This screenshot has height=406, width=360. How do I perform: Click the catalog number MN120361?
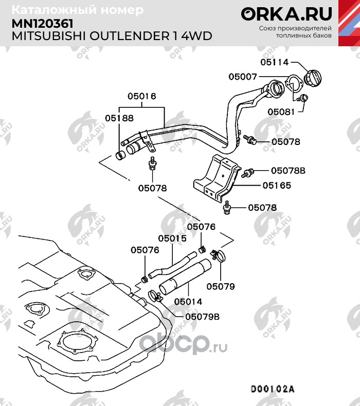click(43, 24)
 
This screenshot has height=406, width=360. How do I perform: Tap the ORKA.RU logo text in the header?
click(286, 14)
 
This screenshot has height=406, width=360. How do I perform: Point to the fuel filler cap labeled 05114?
click(313, 78)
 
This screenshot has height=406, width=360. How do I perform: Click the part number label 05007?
click(243, 77)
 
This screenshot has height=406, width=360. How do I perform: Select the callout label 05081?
click(281, 112)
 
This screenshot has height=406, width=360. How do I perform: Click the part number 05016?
click(142, 96)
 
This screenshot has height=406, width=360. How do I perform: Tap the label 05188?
click(119, 118)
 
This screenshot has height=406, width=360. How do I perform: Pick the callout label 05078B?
click(288, 171)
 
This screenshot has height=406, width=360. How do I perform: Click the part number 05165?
click(277, 186)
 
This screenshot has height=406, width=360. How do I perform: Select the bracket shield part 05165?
click(216, 179)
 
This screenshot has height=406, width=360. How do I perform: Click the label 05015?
click(172, 238)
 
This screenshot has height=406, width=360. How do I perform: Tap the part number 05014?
click(188, 302)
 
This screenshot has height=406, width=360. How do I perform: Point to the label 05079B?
click(203, 317)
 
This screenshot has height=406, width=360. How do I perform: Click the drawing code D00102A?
click(273, 389)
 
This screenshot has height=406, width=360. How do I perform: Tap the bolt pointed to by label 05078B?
click(248, 173)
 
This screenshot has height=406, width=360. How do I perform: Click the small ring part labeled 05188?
click(120, 155)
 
